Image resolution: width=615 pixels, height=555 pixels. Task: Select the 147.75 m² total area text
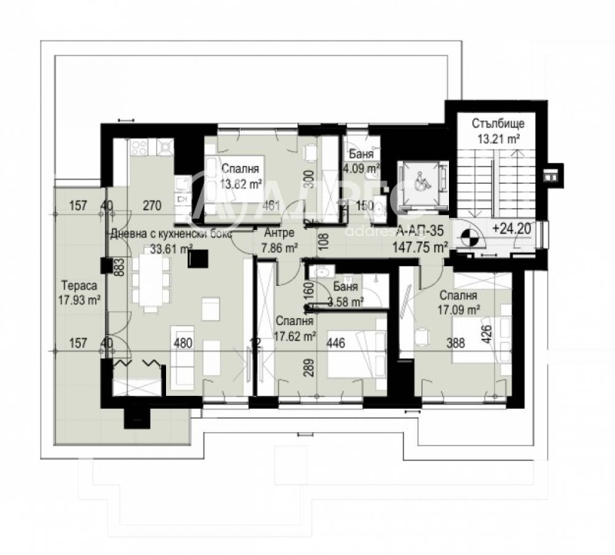point(421,248)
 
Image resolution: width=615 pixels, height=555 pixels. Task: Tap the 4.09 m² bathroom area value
point(361,168)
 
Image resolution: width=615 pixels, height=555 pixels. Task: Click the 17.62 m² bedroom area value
point(295,336)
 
